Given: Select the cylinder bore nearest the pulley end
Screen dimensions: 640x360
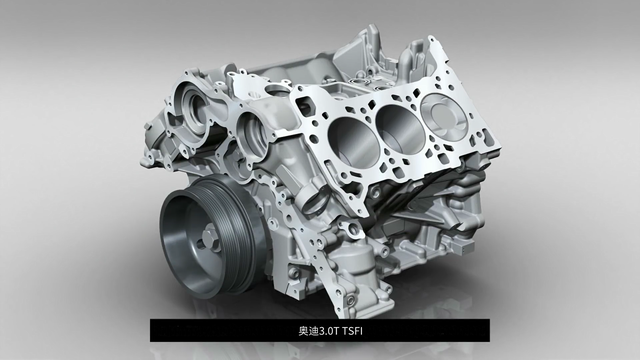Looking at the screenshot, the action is [x=350, y=140].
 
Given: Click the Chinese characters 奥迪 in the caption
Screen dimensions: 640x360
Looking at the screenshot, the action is [x=308, y=331].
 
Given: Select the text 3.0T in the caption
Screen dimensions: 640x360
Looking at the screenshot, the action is [x=329, y=331].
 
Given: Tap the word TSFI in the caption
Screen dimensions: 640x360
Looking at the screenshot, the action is [x=352, y=331].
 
